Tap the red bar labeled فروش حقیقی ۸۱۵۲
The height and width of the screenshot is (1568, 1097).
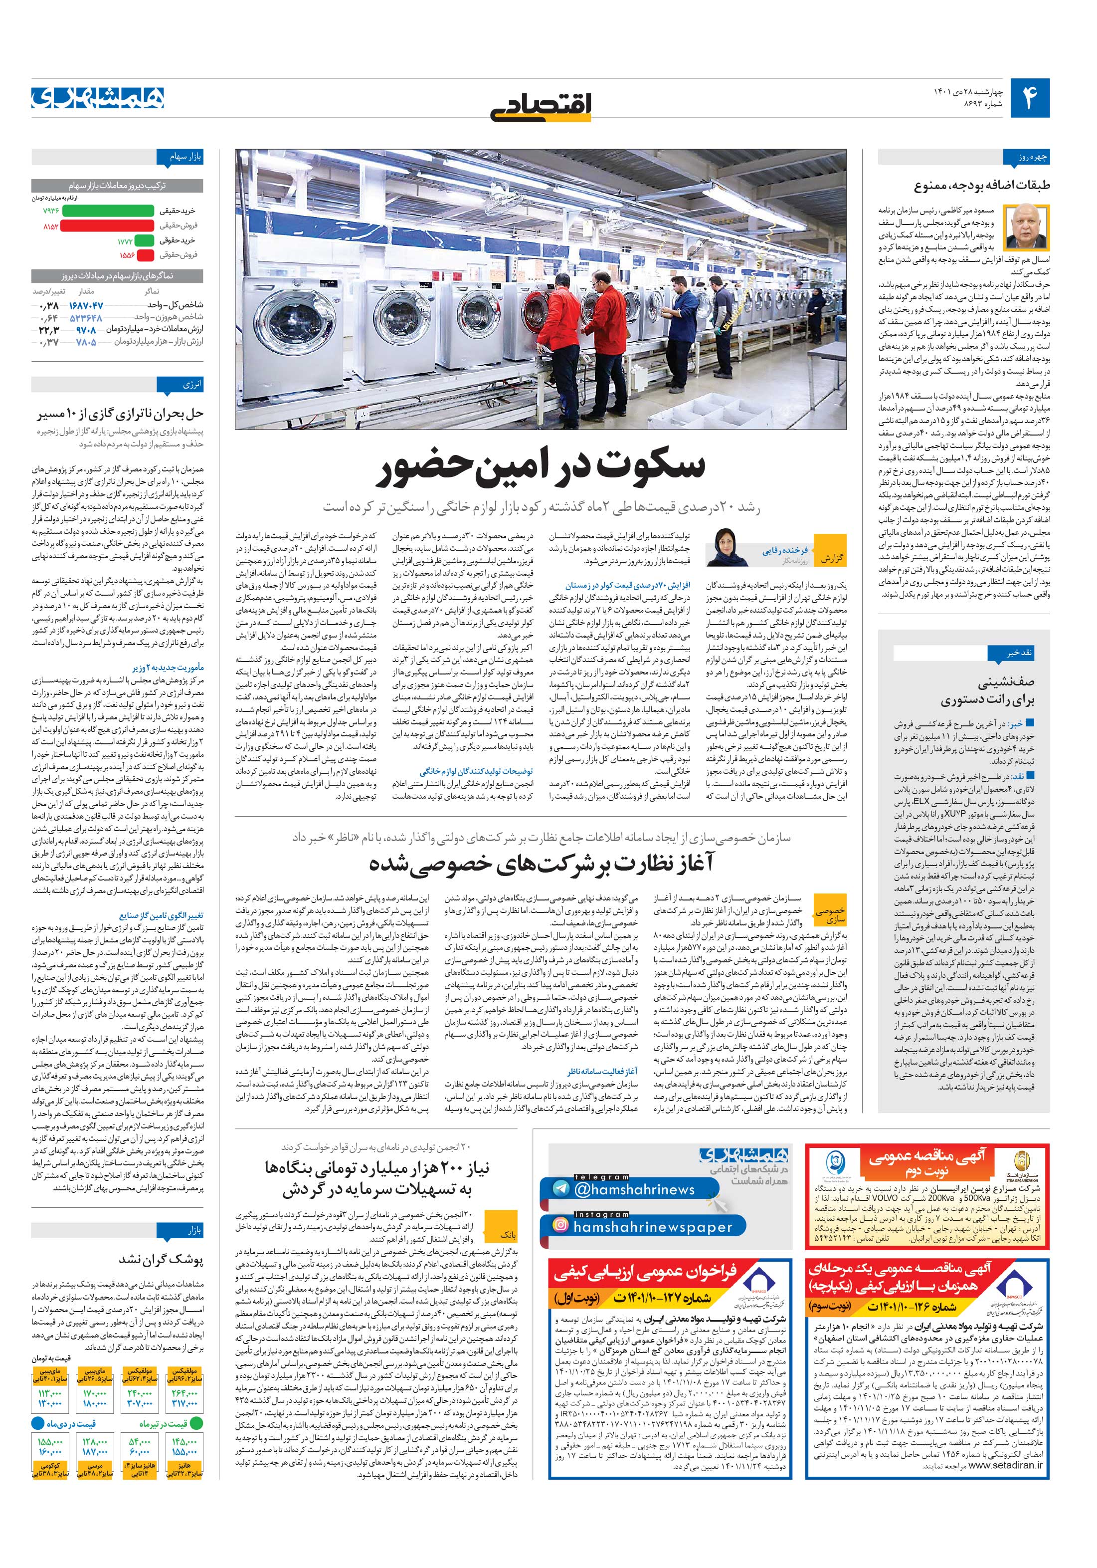tap(107, 225)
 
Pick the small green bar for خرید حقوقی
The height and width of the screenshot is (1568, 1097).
tap(144, 240)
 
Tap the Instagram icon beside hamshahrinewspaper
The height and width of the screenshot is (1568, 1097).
tap(560, 1225)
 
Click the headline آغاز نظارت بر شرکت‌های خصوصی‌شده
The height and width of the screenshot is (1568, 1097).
tap(542, 864)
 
